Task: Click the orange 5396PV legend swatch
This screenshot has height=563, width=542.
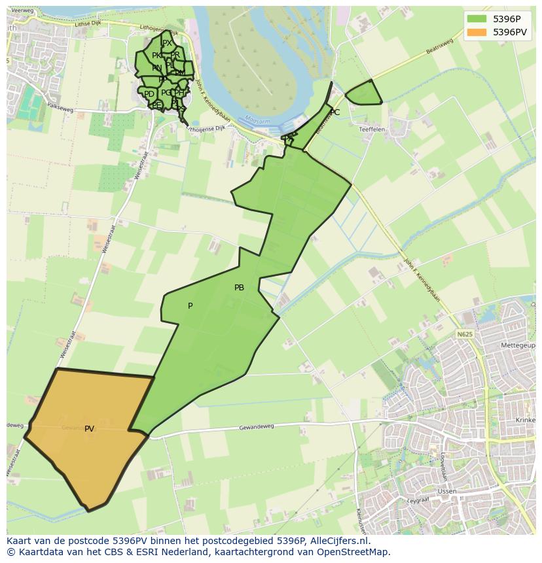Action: [x=477, y=32]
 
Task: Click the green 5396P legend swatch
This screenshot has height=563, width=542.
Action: [x=477, y=20]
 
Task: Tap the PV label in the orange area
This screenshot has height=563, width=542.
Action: [x=89, y=429]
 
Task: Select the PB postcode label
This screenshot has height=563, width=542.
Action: [x=239, y=288]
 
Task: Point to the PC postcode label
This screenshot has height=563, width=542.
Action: [x=334, y=112]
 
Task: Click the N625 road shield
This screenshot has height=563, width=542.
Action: [x=464, y=334]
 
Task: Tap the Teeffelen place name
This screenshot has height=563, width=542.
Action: [x=372, y=129]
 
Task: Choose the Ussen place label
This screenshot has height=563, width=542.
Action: [x=447, y=491]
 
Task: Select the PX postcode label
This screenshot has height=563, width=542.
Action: [x=167, y=43]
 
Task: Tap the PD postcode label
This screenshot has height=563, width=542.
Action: [x=149, y=94]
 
